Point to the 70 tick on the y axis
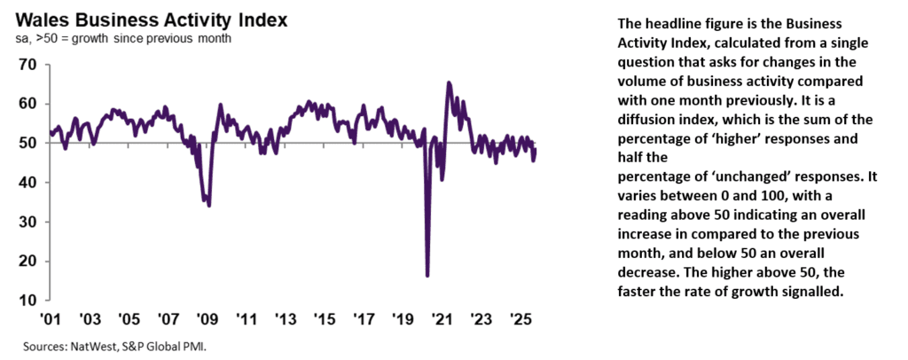tap(26, 65)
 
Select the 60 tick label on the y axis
tap(26, 104)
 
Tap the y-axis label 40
tap(26, 183)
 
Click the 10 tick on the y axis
tap(26, 300)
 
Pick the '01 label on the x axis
tap(51, 318)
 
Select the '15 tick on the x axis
tap(325, 318)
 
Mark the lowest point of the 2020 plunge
tap(427, 275)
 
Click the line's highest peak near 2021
tap(449, 82)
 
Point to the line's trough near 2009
tap(209, 205)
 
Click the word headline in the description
tap(666, 24)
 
